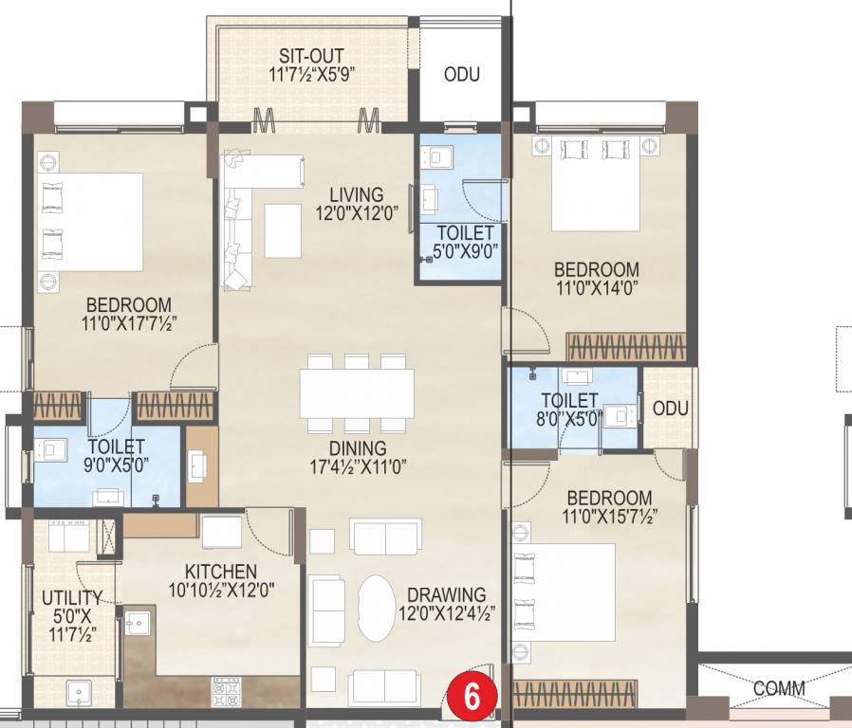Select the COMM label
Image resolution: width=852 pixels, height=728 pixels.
779,688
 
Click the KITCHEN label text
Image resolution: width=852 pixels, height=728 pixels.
220,572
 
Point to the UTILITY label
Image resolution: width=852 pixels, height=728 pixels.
72,597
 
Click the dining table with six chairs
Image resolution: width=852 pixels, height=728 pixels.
357,392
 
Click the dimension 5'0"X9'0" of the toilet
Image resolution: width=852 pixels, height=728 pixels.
465,251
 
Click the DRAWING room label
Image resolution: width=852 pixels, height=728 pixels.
442,595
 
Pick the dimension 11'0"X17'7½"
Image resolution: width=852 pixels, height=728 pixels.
129,323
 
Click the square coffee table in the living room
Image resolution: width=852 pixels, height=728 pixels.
283,230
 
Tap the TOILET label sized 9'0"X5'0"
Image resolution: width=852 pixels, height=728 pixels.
117,446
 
